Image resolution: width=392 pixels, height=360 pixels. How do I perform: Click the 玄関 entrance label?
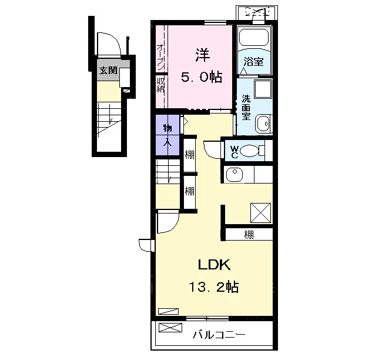(108, 71)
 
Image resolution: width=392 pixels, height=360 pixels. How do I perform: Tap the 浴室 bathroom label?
(254, 61)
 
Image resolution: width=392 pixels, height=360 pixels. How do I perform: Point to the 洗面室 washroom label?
(246, 108)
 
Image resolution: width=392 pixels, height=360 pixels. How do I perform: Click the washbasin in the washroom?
(263, 124)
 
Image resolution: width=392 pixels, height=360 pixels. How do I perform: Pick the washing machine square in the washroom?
(263, 89)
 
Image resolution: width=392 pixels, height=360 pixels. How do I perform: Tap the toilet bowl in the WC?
(250, 151)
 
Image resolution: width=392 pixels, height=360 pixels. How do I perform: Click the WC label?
(234, 152)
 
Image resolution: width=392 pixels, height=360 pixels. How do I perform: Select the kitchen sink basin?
(234, 174)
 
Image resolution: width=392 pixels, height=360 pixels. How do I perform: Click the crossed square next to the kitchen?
(260, 213)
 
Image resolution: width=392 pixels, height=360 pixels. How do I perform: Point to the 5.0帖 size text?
(202, 77)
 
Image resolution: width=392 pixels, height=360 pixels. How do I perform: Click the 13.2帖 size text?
(214, 287)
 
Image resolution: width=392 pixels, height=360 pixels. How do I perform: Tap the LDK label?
(215, 265)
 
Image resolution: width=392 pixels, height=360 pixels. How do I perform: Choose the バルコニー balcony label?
(219, 335)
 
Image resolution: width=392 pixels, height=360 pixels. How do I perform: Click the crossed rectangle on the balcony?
(170, 328)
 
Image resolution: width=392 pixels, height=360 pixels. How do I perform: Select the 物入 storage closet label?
(167, 136)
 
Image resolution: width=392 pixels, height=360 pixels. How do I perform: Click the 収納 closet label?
(160, 85)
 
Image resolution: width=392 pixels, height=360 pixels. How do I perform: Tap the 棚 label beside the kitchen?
(249, 235)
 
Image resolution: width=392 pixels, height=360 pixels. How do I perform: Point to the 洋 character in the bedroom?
(203, 55)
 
